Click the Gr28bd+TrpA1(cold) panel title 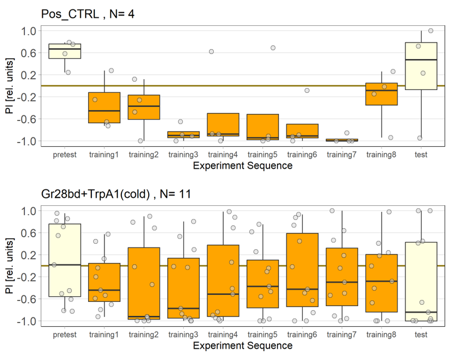point(116,193)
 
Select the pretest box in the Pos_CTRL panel point(65,51)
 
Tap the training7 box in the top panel point(341,140)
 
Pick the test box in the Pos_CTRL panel point(421,66)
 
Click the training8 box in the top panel point(381,94)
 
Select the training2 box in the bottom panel point(144,283)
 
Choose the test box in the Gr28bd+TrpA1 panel point(421,281)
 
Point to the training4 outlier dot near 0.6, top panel point(211,51)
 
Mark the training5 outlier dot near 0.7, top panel point(273,48)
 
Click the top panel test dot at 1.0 point(430,30)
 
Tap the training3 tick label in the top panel point(183,155)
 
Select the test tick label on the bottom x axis point(421,335)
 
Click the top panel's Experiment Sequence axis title point(243,166)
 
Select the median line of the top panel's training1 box point(104,110)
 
